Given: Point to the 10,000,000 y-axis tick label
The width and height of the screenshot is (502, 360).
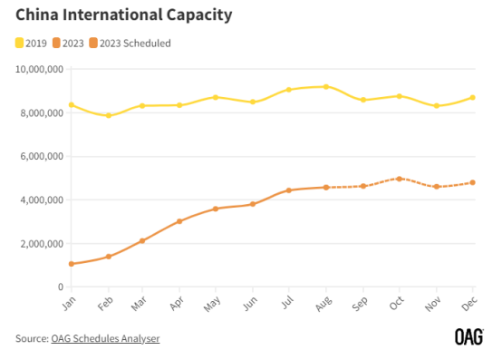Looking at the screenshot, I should click(x=37, y=69).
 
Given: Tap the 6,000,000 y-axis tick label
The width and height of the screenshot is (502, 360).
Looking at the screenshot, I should click(x=40, y=156).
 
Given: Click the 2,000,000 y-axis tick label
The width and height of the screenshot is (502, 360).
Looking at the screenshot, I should click(x=40, y=243).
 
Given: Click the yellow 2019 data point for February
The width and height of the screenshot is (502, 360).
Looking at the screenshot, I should click(x=108, y=115).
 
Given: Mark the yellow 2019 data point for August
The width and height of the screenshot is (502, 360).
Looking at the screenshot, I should click(x=326, y=86).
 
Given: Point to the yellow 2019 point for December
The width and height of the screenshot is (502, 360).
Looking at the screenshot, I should click(x=472, y=97).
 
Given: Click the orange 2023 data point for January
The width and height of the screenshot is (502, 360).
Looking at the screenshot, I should click(x=71, y=264).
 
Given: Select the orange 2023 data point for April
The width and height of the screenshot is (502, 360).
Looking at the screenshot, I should click(x=180, y=221).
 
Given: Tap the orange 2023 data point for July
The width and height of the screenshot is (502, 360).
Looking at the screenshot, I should click(x=289, y=190).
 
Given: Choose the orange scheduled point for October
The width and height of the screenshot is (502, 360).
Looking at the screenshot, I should click(x=399, y=179).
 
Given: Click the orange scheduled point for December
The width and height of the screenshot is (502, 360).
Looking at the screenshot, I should click(x=472, y=182).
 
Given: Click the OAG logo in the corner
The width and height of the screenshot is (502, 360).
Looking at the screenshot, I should click(x=469, y=337).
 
